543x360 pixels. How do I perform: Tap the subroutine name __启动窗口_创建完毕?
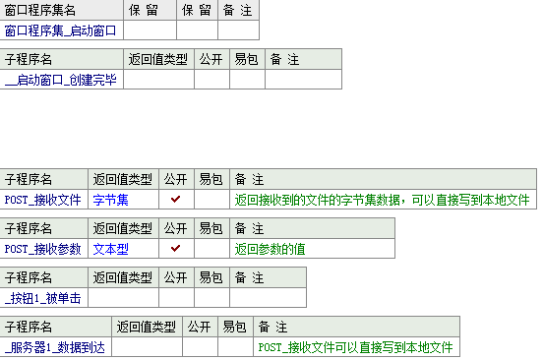[61, 80]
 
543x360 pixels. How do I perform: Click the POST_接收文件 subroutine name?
[42, 199]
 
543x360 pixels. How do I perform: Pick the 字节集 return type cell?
[111, 199]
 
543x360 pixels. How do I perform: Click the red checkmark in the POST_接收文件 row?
[175, 199]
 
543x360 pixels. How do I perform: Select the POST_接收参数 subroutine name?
[42, 249]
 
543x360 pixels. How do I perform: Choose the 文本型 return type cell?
[111, 249]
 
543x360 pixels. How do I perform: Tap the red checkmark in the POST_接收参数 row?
[175, 249]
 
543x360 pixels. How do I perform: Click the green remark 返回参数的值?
[265, 249]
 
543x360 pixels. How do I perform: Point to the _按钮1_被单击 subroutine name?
[43, 298]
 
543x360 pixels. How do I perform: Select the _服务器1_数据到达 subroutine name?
[54, 347]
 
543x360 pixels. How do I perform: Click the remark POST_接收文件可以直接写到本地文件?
[354, 347]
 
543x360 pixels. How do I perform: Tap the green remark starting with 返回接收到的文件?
[382, 199]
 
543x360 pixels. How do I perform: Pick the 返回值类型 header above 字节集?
[123, 179]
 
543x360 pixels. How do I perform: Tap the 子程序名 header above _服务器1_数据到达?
[29, 327]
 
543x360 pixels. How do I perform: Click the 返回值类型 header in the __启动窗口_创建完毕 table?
[158, 60]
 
